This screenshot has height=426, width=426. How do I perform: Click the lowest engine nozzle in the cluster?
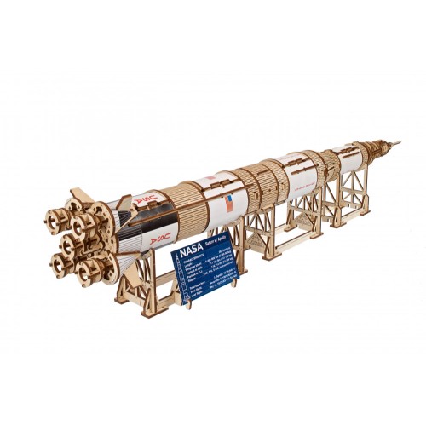tap(89, 271)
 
